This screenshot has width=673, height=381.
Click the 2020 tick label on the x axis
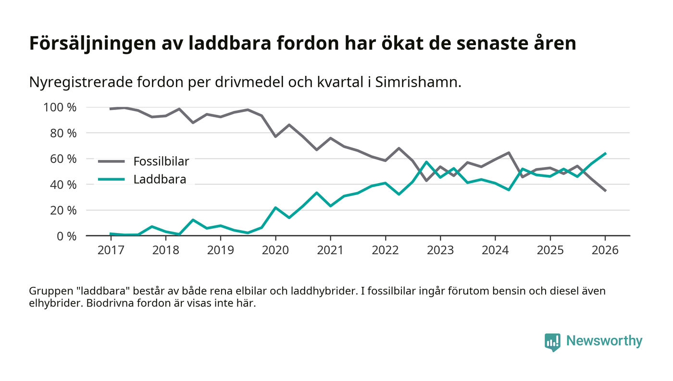click(x=275, y=250)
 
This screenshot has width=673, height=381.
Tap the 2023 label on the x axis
click(x=440, y=250)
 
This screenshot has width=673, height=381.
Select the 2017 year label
click(x=111, y=250)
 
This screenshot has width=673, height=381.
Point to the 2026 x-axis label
click(x=605, y=250)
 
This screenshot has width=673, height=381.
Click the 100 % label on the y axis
click(x=60, y=107)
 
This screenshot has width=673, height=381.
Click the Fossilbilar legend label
click(x=161, y=161)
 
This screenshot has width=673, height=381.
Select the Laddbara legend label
click(x=160, y=180)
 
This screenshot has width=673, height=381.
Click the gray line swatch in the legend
click(x=111, y=161)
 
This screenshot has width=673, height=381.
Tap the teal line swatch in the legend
click(x=111, y=180)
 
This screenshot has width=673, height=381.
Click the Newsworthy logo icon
click(x=552, y=342)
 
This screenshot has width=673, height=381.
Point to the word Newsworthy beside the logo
click(x=604, y=341)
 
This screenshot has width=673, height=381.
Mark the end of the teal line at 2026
click(x=605, y=153)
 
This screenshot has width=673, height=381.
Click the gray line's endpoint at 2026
click(x=605, y=191)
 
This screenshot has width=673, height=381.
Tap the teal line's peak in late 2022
click(x=426, y=162)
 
